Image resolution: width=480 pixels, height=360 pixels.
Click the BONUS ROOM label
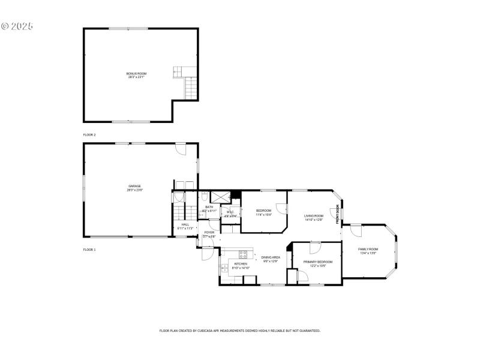(137, 73)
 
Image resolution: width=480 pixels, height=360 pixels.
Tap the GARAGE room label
(134, 186)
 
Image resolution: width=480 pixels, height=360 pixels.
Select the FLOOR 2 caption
(89, 135)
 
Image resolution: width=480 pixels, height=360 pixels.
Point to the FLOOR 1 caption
(89, 249)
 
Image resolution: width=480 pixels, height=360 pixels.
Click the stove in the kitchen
(243, 254)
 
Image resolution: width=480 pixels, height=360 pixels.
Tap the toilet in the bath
(205, 196)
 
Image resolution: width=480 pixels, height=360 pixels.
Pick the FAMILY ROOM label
(368, 249)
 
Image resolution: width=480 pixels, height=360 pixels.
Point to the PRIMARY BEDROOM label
(318, 262)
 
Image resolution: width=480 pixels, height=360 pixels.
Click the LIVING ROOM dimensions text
(314, 220)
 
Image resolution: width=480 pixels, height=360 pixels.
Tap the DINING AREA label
(271, 257)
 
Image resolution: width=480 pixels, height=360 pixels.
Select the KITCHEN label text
(241, 263)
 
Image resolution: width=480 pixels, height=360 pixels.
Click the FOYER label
(209, 232)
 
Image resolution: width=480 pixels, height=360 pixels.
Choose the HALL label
(185, 225)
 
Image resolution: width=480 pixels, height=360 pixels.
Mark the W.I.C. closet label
(230, 212)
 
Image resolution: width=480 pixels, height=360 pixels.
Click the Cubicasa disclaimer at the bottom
(240, 331)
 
